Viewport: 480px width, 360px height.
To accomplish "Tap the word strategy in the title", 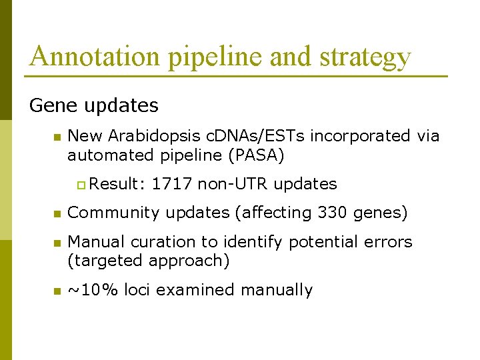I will click(x=365, y=58).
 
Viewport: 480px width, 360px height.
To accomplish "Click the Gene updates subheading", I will click(x=94, y=105).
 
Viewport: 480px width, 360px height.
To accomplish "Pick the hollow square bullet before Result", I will click(x=81, y=185).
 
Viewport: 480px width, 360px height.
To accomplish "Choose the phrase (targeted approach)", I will click(x=149, y=261).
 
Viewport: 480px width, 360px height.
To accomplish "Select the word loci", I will click(x=137, y=290).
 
